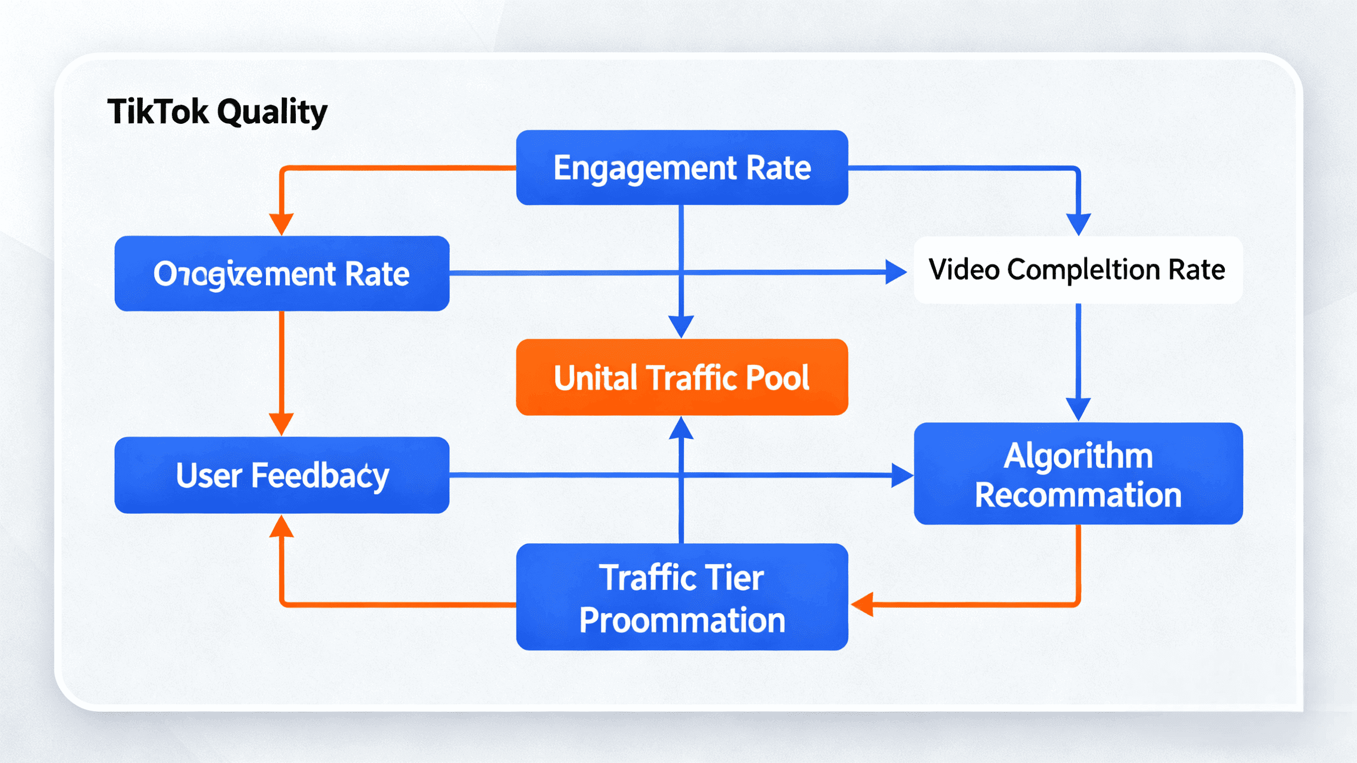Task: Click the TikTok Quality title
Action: pyautogui.click(x=217, y=112)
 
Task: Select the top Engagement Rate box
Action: pyautogui.click(x=681, y=168)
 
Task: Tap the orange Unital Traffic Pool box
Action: pyautogui.click(x=681, y=377)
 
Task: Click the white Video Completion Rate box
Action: pyautogui.click(x=1078, y=270)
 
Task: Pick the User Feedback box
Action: pyautogui.click(x=282, y=475)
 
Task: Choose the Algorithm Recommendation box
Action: pyautogui.click(x=1078, y=474)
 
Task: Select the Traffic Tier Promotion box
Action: pyautogui.click(x=681, y=597)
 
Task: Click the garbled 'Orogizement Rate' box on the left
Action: pyautogui.click(x=282, y=273)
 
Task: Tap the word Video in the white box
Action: pyautogui.click(x=963, y=270)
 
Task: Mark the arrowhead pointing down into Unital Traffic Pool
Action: pyautogui.click(x=681, y=327)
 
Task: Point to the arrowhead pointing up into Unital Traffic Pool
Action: pyautogui.click(x=681, y=428)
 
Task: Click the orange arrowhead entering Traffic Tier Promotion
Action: pyautogui.click(x=862, y=604)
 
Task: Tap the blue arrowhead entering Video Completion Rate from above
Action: pyautogui.click(x=1078, y=225)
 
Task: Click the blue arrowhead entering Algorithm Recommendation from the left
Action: pyautogui.click(x=902, y=475)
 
